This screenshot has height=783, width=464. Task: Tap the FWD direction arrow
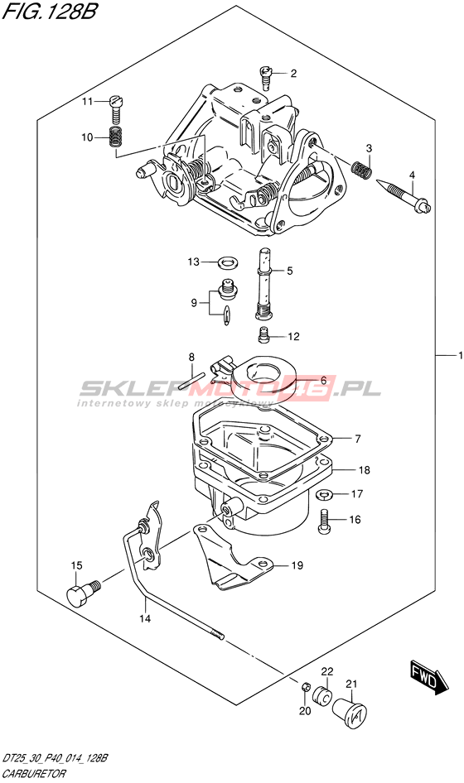click(429, 678)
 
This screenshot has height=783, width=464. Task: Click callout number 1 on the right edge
click(460, 356)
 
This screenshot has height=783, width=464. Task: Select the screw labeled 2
click(266, 78)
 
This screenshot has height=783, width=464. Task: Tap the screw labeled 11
click(115, 110)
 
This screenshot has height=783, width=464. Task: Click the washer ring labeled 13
click(229, 261)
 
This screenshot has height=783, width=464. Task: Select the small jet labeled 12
click(264, 334)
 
